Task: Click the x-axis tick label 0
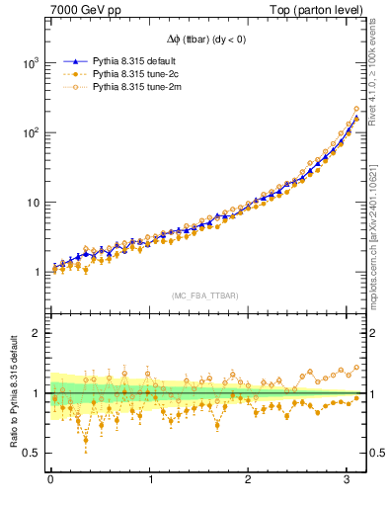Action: click(50, 481)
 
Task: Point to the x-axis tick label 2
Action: click(248, 481)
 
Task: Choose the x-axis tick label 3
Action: click(347, 481)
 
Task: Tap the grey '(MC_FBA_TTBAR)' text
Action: click(203, 295)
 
